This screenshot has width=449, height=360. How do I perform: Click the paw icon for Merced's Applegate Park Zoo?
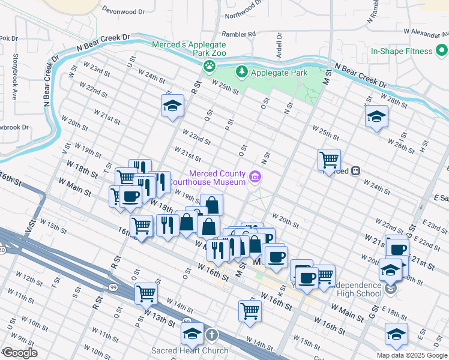[209, 65]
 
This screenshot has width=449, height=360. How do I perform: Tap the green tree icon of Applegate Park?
[242, 72]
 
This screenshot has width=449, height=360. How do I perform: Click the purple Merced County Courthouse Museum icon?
[256, 177]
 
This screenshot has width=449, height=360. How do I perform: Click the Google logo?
[20, 353]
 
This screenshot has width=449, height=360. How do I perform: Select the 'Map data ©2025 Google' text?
[411, 355]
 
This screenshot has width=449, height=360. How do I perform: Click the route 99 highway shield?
[113, 288]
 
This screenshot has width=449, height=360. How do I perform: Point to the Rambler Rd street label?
[238, 34]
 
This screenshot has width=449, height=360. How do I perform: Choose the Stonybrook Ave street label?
[15, 80]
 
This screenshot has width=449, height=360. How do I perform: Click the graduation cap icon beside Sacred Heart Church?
[193, 334]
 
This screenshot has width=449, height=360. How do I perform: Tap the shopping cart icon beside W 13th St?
[146, 293]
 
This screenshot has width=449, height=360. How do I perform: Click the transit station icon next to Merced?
[356, 171]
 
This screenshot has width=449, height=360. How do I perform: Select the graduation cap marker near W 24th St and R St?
[172, 106]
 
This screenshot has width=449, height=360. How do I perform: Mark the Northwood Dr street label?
[243, 11]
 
